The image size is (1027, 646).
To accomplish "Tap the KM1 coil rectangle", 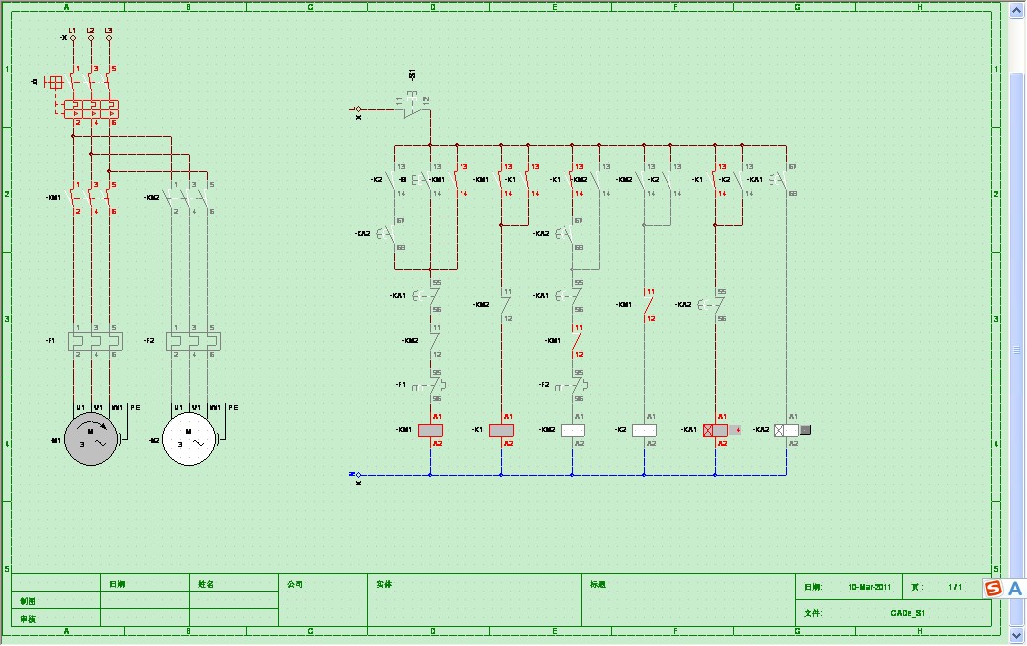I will pos(430,430).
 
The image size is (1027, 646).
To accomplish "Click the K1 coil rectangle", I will pos(501,430).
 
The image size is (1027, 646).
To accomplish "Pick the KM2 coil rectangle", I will pos(572,430).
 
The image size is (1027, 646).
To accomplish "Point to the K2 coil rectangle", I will pos(644,430).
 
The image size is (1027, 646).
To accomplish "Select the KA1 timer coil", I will pos(715,430).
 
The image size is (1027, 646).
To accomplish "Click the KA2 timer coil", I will pos(786,430).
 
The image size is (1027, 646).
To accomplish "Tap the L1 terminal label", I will pos(72,30).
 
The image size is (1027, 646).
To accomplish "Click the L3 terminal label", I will pos(108,30).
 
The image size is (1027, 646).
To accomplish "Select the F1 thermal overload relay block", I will pos(94,340).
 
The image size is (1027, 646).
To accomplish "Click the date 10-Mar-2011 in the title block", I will pos(870,587).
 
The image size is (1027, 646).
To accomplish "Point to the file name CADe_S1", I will pos(907,613).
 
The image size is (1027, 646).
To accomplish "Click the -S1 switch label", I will pos(412,76).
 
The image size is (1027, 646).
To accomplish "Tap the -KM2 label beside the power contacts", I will pos(152,197).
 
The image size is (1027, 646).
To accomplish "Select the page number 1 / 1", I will pos(955,587).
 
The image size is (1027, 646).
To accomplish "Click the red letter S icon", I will pos(993,589).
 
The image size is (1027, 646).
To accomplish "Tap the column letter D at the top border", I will pos(432,6).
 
